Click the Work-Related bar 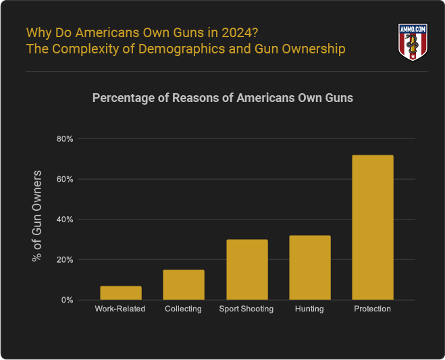[121, 292]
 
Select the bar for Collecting [184, 284]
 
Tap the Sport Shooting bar [246, 269]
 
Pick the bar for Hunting [309, 267]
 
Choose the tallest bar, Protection [372, 228]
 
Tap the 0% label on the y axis [66, 300]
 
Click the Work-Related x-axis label [121, 309]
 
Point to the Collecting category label [184, 309]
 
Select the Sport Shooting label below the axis [246, 309]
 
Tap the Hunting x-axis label [309, 309]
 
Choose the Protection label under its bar [372, 309]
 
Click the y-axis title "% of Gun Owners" [38, 216]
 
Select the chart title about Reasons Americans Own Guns [222, 98]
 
